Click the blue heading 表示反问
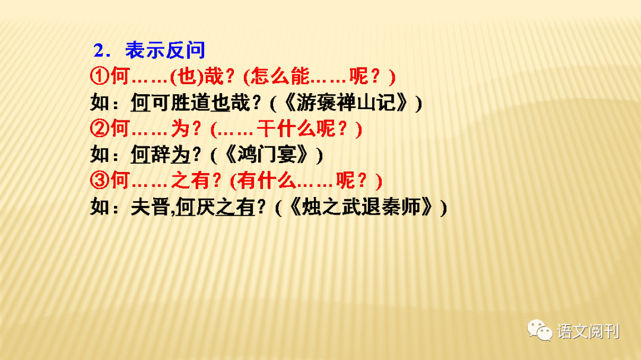pos(166,50)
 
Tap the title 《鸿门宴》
pos(268,154)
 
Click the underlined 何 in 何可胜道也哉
pos(140,103)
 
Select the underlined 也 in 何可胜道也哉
pos(220,103)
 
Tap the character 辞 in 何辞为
pos(160,154)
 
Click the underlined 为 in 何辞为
pos(180,154)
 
